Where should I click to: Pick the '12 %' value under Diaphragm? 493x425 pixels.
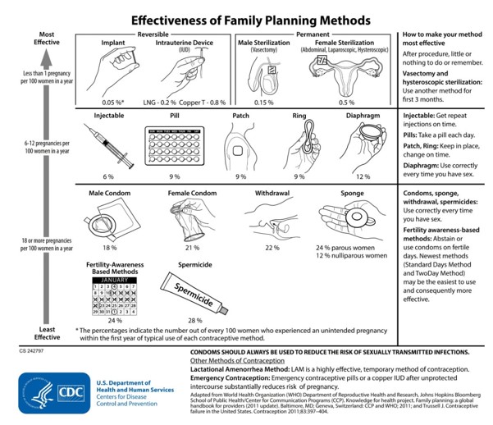pos(361,176)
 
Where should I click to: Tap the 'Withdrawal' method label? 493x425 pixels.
pos(272,194)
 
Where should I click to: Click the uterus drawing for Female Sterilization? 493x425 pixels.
pos(346,78)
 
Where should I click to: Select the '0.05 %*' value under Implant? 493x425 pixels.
pos(113,103)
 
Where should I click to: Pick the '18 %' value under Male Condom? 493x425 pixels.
pos(108,247)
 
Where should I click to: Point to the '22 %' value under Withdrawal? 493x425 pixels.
pos(271,247)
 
